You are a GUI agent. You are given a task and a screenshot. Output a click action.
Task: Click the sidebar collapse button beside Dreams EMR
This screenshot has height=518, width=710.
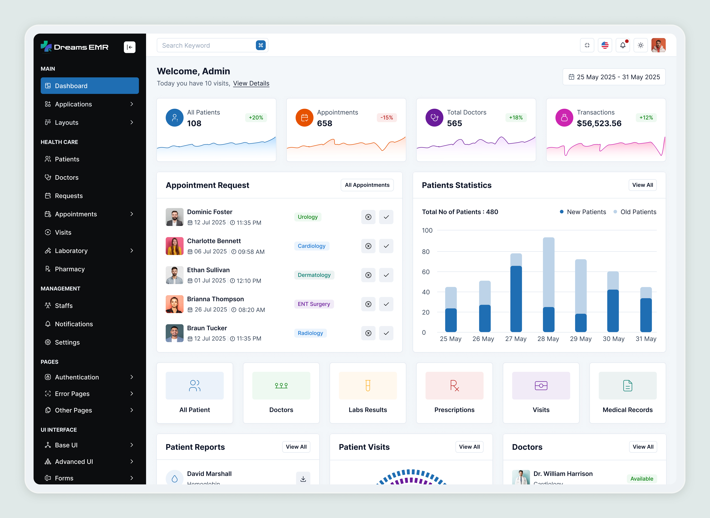(x=129, y=47)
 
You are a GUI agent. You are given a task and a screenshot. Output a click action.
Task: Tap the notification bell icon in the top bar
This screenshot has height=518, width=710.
(x=623, y=45)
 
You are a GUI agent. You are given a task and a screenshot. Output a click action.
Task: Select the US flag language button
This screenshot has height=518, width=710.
(x=605, y=45)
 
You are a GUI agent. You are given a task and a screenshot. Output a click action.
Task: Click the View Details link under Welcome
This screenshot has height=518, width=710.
(x=251, y=83)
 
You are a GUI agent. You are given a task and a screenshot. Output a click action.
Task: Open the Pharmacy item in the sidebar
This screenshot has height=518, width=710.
(x=70, y=269)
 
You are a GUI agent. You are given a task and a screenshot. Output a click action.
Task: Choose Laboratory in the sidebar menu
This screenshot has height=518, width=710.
(x=71, y=251)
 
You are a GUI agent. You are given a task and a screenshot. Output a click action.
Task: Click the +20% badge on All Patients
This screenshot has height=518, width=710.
(x=256, y=118)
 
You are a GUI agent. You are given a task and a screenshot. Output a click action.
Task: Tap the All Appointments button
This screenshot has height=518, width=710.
(x=367, y=185)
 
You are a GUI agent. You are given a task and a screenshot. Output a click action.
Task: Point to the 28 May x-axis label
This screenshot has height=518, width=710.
(x=548, y=339)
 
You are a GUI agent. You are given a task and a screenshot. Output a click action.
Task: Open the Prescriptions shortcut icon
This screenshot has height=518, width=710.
(x=454, y=386)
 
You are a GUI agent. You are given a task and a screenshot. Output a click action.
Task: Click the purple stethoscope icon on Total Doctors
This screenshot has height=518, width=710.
(x=434, y=118)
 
